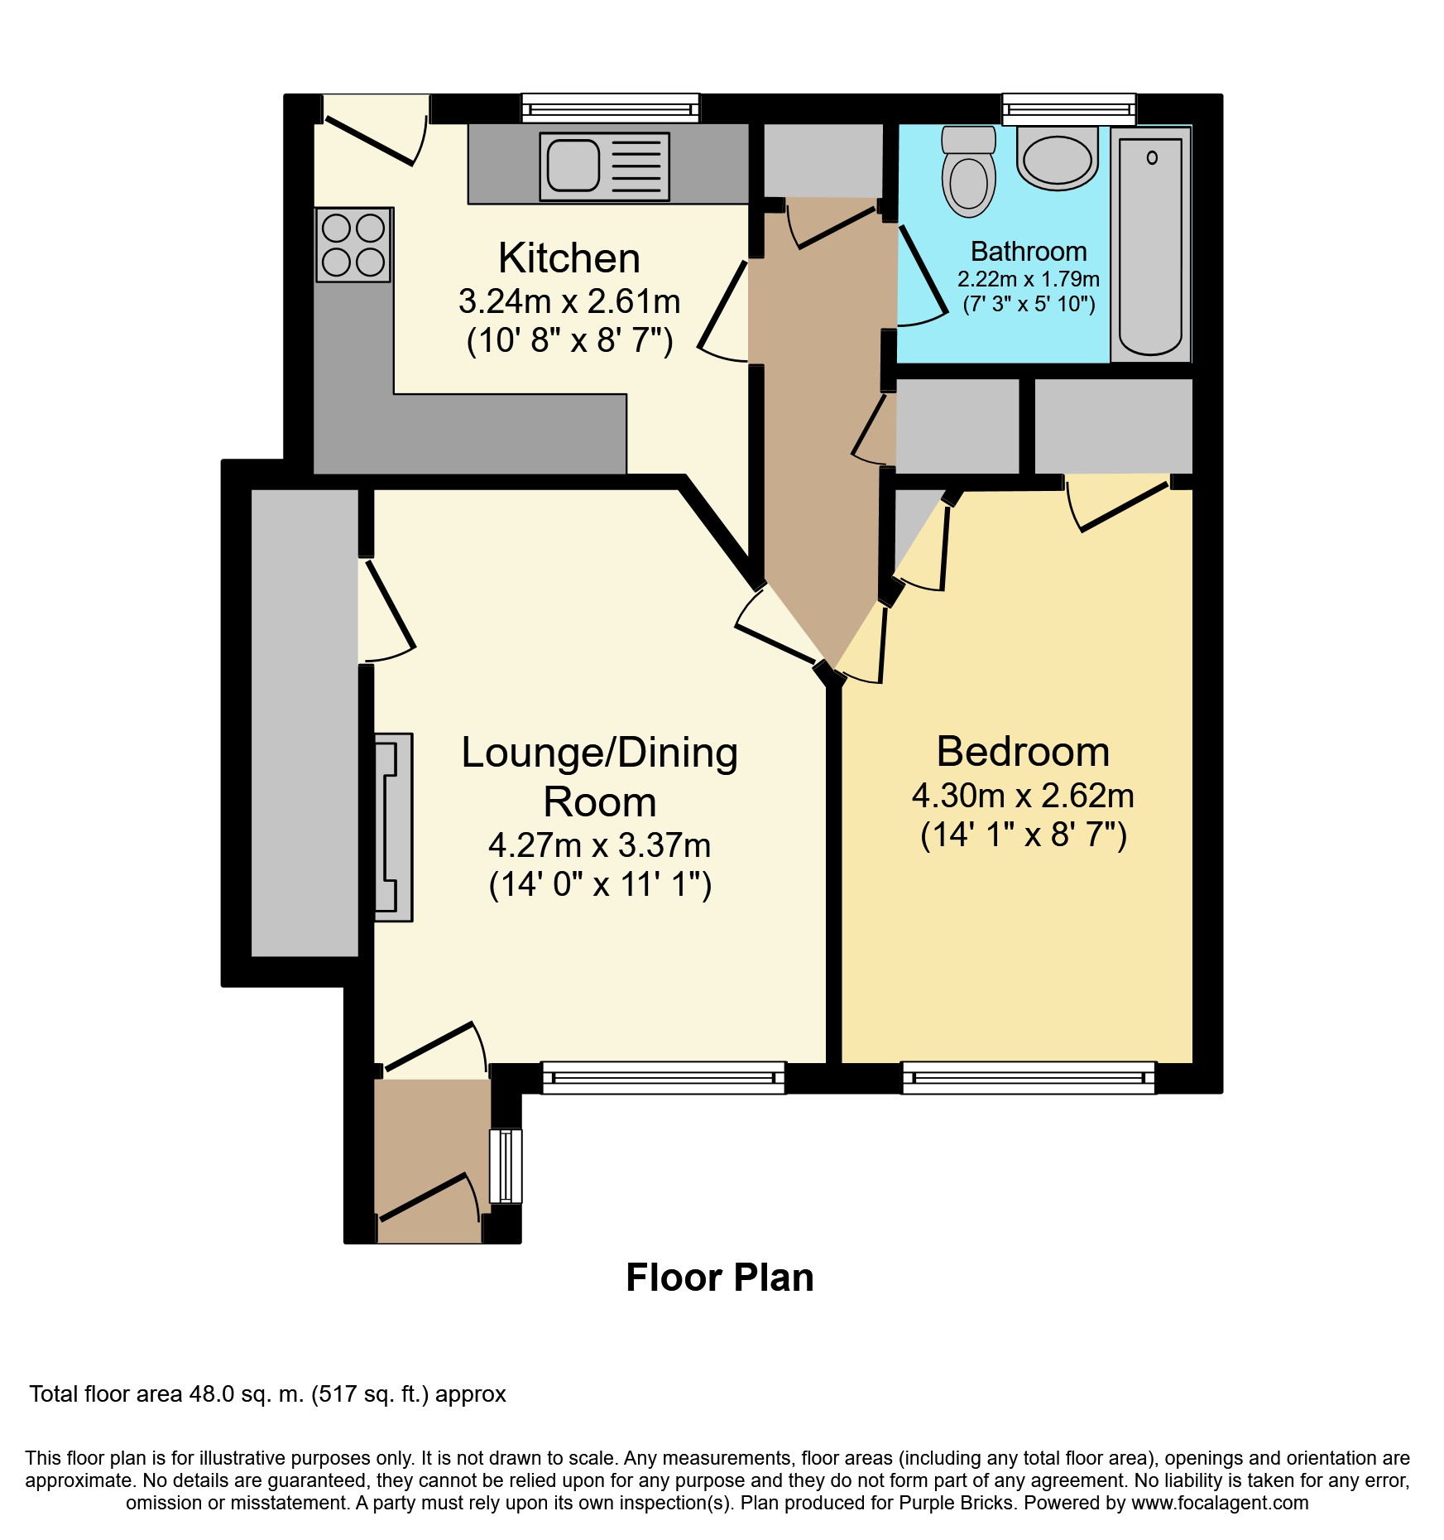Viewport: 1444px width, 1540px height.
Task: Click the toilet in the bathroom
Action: coord(968,171)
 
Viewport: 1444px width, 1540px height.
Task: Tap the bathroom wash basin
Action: coord(1057,157)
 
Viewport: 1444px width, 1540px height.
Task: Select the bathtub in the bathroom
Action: coord(1150,244)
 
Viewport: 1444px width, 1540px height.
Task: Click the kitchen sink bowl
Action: coord(573,165)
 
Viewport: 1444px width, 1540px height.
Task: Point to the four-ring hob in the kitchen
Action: coord(353,244)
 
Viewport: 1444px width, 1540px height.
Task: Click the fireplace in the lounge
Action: coord(394,827)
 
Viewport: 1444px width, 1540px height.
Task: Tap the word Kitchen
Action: coord(569,258)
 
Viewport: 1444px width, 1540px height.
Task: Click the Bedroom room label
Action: coord(1023,752)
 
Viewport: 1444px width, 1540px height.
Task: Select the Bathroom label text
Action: coord(1029,251)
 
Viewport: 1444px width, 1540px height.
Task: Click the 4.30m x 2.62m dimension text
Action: coord(1023,796)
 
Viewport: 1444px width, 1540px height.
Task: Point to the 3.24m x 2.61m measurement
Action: coord(569,301)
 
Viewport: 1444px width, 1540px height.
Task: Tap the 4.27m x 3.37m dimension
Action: coord(600,845)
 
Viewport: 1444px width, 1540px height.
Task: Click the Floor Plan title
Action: coord(720,1278)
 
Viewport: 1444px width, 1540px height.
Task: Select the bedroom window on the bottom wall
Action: coord(1029,1078)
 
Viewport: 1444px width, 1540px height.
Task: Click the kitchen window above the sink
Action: coord(611,108)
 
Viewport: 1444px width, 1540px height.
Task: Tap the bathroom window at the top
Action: coord(1069,108)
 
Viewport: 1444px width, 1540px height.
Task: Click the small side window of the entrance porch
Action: coord(506,1166)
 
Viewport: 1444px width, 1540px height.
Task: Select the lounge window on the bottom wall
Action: coord(664,1078)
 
